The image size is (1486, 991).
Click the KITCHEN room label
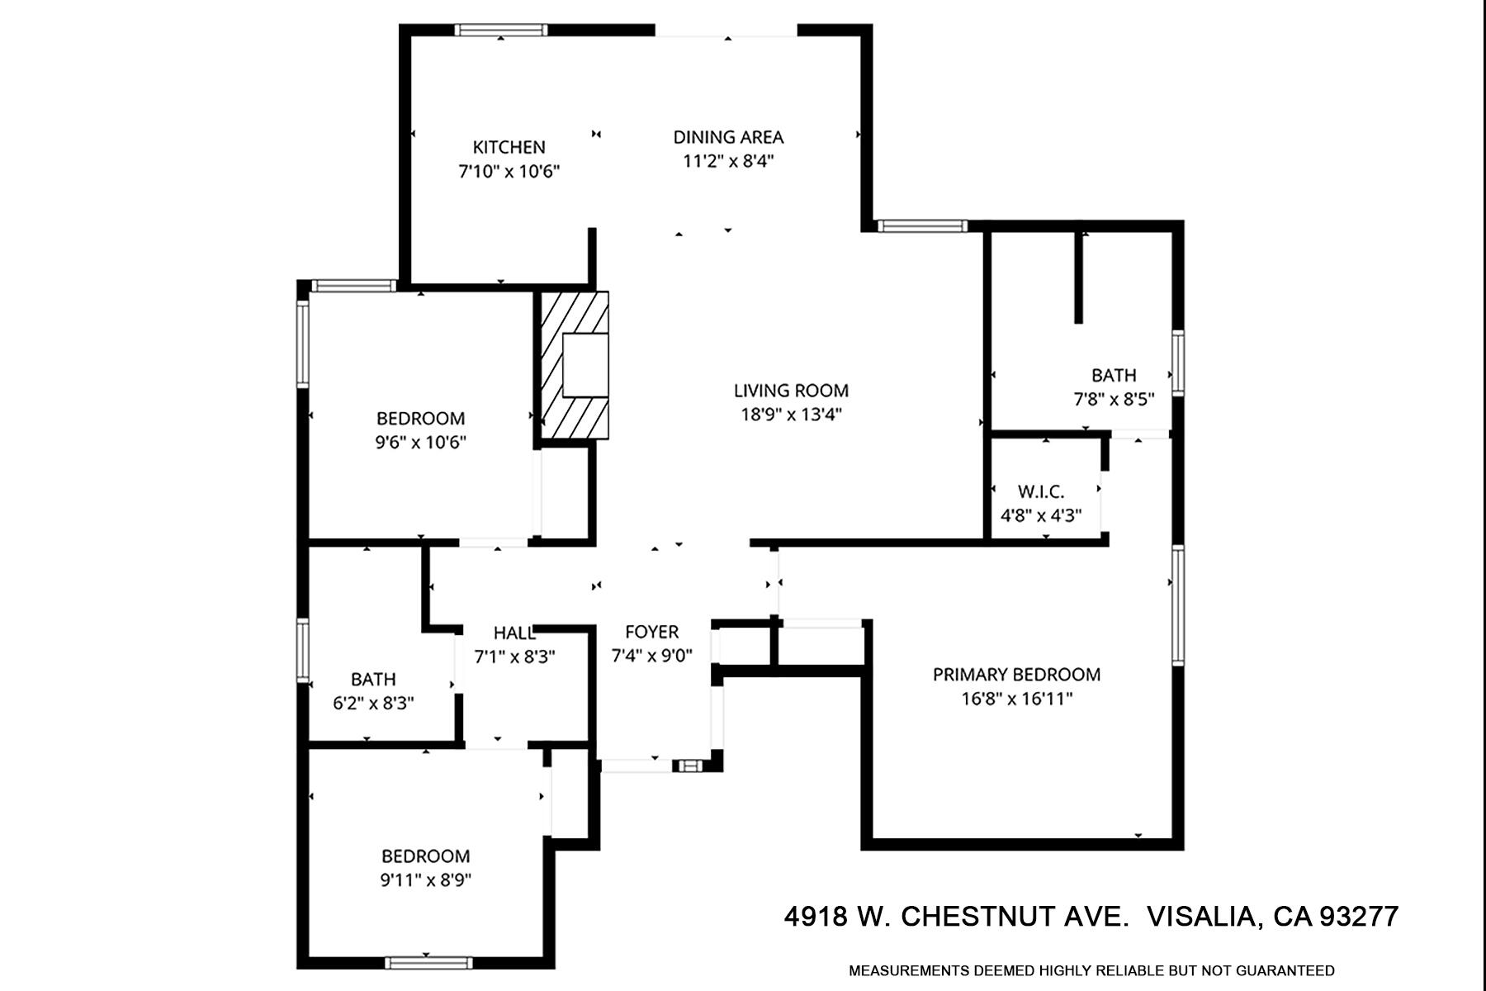pos(509,147)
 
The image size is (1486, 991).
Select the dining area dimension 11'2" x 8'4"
pos(727,161)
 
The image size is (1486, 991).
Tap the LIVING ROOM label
pos(791,390)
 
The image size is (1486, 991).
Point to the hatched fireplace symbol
pos(575,365)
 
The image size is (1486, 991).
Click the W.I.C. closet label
pos(1040,491)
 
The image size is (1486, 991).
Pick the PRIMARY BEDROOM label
pos(1016,674)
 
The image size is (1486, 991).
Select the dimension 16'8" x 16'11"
pos(1016,699)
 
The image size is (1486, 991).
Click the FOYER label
pos(651,632)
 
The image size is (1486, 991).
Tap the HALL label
pos(514,633)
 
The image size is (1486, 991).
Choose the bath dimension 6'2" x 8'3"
pos(373,704)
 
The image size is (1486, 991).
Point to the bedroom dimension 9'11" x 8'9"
pos(425,880)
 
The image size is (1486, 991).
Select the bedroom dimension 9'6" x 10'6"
pos(420,443)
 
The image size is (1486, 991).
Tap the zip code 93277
pos(1359,917)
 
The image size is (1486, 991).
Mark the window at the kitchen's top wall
pos(501,31)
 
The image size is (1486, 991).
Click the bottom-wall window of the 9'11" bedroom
pos(428,962)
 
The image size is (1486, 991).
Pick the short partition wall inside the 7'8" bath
pos(1078,277)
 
